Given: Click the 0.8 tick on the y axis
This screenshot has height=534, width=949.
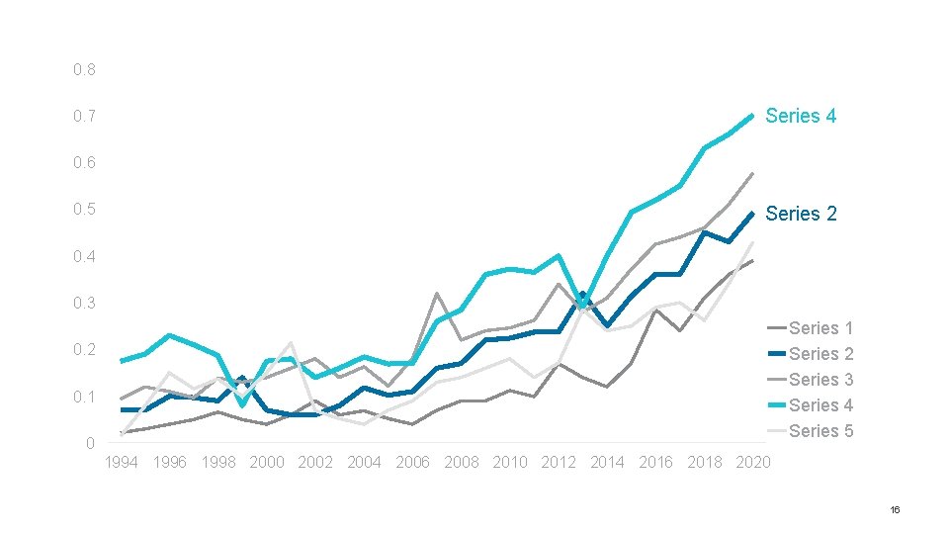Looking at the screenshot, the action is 85,69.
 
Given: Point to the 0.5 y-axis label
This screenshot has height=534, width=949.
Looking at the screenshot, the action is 85,210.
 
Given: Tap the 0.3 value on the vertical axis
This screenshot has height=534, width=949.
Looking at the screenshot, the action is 85,303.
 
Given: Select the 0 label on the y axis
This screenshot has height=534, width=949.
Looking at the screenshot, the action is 90,443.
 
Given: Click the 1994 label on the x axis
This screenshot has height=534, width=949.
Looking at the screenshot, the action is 121,463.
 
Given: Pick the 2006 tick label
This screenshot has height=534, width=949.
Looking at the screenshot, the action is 413,463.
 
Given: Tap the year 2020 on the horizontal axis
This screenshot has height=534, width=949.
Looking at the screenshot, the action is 753,463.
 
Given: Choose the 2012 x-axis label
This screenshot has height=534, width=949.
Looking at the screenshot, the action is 559,463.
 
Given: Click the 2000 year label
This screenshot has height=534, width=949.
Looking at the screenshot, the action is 267,463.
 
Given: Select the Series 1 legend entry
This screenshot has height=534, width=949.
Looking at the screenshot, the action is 811,328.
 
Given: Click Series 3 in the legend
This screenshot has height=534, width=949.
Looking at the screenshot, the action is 811,380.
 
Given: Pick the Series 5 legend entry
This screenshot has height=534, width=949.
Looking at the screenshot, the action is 811,431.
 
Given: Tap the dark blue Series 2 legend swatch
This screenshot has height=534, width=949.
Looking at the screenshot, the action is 777,354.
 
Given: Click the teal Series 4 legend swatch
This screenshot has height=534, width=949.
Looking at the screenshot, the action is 777,405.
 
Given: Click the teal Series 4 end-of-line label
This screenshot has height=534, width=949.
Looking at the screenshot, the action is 801,116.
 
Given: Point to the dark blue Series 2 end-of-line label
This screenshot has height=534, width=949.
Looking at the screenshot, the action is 801,214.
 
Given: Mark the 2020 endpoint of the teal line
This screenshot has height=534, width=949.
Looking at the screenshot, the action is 752,116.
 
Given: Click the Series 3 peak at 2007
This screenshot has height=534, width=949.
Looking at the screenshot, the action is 436,294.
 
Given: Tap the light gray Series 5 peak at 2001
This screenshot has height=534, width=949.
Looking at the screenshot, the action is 291,343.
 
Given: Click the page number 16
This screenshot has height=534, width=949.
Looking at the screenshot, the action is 896,510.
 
